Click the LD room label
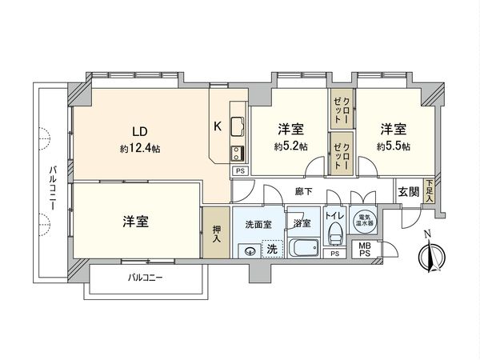pyautogui.click(x=138, y=131)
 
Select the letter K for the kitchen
pyautogui.click(x=217, y=126)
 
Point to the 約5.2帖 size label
pyautogui.click(x=290, y=146)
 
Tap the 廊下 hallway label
pyautogui.click(x=303, y=192)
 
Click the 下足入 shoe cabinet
pyautogui.click(x=430, y=192)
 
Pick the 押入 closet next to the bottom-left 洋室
pyautogui.click(x=214, y=232)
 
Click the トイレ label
pyautogui.click(x=336, y=217)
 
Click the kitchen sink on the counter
pyautogui.click(x=238, y=126)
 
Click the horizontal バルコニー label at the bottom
pyautogui.click(x=146, y=278)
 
